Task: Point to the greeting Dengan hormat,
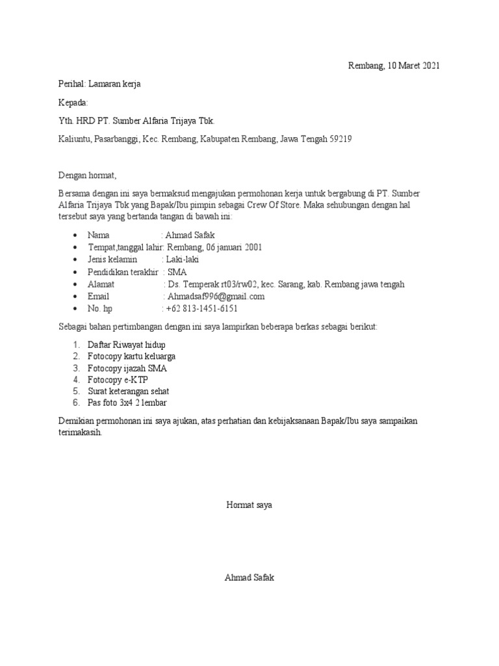(87, 176)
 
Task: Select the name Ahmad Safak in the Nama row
(190, 235)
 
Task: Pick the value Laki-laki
(183, 260)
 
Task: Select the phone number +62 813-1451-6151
(201, 309)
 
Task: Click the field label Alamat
(101, 284)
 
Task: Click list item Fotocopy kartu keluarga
(132, 356)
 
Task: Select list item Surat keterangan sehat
(128, 392)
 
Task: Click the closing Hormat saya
(249, 505)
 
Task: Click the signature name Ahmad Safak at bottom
(249, 578)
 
